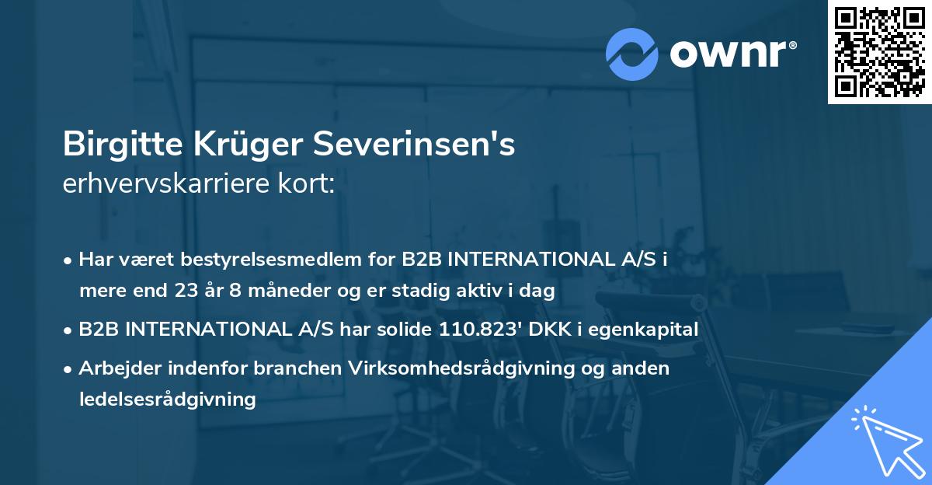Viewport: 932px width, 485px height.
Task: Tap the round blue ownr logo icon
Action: click(x=632, y=54)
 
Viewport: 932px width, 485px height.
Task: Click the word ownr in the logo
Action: click(x=726, y=54)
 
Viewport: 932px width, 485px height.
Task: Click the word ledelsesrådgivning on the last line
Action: click(x=167, y=400)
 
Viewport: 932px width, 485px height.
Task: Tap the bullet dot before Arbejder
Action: click(x=69, y=368)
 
